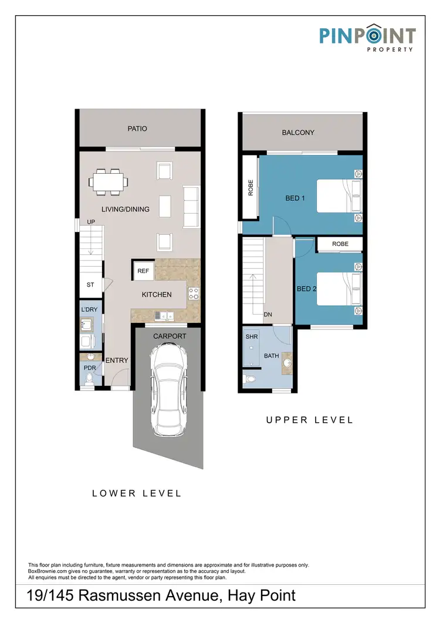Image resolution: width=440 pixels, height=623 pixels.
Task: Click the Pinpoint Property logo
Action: click(367, 38)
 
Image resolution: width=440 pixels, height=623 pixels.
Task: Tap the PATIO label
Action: click(137, 129)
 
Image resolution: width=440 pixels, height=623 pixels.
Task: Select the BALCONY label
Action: click(298, 133)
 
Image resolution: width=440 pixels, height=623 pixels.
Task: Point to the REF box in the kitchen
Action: click(143, 271)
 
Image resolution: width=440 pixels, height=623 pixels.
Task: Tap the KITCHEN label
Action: click(157, 294)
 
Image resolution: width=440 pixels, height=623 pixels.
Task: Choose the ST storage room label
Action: click(90, 286)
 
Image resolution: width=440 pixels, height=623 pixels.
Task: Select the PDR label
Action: click(89, 368)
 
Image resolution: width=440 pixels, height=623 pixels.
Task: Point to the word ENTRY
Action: click(117, 360)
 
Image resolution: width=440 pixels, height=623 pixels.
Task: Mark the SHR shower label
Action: click(252, 338)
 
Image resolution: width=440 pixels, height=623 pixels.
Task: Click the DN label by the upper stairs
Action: click(268, 315)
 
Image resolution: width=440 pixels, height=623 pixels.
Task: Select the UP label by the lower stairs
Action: click(91, 222)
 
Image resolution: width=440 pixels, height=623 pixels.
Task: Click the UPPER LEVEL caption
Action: click(309, 420)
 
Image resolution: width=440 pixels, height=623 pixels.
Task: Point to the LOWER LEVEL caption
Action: click(137, 493)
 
